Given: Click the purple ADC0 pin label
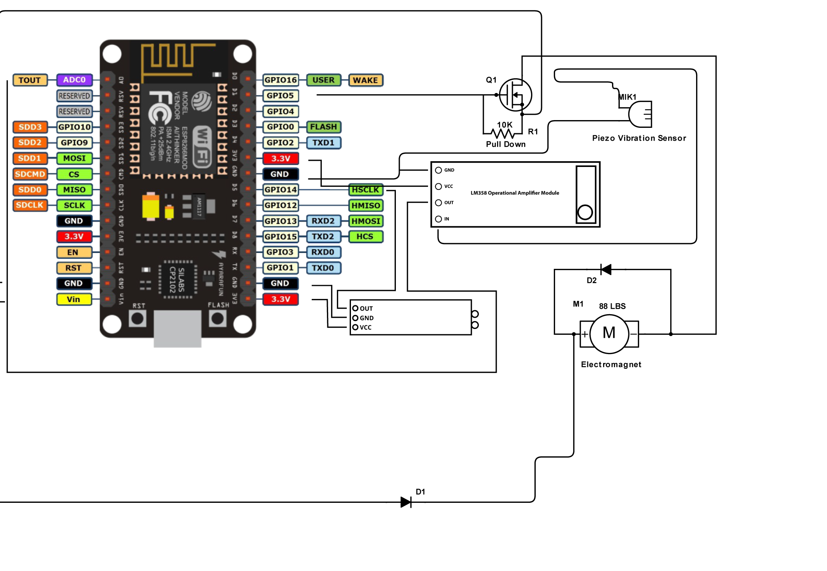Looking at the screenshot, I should (x=74, y=80).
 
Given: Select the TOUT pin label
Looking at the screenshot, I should (x=30, y=80).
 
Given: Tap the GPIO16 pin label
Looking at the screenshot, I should (x=280, y=80).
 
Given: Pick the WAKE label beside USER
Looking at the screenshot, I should (x=365, y=80).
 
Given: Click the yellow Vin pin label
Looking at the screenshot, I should (x=74, y=299).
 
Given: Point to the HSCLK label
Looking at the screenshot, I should (x=365, y=190).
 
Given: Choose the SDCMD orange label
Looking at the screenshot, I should (x=30, y=174).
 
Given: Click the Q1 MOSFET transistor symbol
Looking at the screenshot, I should (x=515, y=95).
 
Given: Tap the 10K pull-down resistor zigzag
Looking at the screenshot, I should (x=502, y=134).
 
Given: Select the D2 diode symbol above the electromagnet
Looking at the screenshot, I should (x=606, y=269).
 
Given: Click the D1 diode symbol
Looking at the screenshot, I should (x=406, y=502).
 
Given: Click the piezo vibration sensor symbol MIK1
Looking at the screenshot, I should (x=640, y=114).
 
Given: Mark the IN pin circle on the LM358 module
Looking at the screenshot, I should (x=438, y=219).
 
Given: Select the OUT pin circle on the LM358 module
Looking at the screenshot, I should (x=438, y=203).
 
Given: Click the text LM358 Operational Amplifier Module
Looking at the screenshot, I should (x=515, y=193).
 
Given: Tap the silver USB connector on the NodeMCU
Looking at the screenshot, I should (x=177, y=328).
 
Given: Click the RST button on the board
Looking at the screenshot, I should (x=138, y=318).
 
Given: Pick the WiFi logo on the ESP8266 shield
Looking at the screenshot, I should (x=202, y=146).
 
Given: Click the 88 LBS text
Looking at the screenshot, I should (x=612, y=306).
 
